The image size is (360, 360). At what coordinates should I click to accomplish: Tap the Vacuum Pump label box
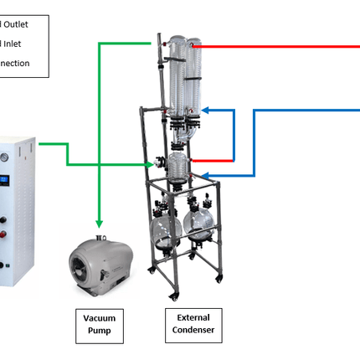pos(100,324)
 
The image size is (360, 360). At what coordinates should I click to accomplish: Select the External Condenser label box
pos(193,324)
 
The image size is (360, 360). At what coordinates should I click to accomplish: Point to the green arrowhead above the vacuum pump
pos(100,223)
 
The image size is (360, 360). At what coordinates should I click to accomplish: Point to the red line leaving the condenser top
pos(276,47)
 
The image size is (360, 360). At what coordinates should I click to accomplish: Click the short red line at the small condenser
pos(213,159)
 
